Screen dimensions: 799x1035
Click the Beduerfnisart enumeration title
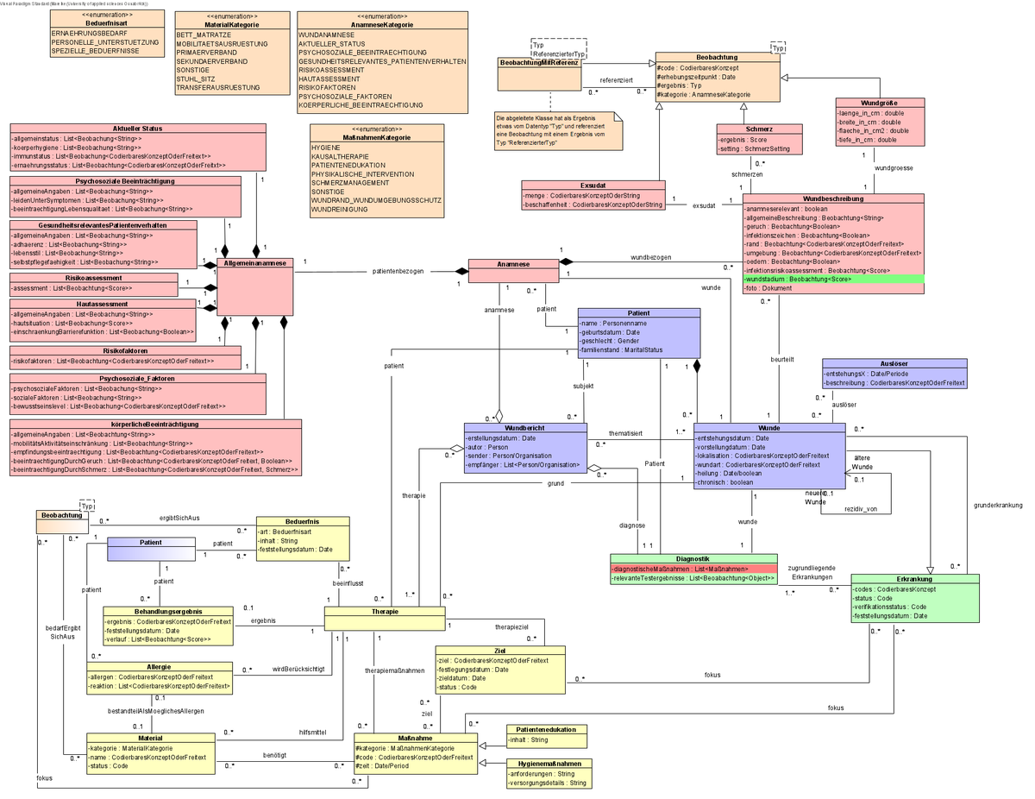point(108,24)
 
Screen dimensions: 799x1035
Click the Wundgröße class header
point(880,103)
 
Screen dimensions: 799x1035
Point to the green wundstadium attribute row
point(832,280)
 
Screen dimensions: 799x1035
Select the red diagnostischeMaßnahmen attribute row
point(693,569)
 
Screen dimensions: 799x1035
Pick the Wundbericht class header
point(525,428)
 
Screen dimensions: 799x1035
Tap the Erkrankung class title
point(915,579)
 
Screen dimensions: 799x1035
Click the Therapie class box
point(385,617)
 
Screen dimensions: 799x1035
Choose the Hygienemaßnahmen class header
point(549,764)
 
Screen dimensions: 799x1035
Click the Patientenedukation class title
point(546,729)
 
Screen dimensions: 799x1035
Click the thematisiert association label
point(625,433)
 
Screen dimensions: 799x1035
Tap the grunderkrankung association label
point(997,505)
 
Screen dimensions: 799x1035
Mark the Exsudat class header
point(593,185)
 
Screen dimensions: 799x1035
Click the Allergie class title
point(160,667)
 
